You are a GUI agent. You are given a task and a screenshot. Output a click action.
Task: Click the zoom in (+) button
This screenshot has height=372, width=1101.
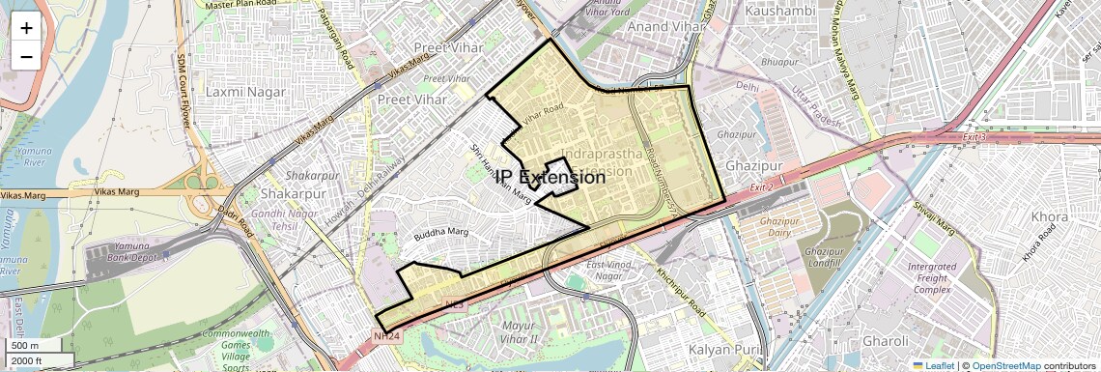tap(26, 27)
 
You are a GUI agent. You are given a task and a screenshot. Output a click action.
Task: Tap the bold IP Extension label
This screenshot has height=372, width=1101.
tap(550, 177)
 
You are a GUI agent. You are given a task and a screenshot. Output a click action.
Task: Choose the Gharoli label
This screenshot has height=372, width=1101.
tap(886, 341)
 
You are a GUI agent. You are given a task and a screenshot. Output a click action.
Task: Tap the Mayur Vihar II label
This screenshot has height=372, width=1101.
tap(533, 332)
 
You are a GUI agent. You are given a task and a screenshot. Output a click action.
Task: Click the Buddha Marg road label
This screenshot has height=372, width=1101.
tap(440, 233)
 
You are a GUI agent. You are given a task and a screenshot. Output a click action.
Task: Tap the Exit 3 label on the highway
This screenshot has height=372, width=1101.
tap(974, 137)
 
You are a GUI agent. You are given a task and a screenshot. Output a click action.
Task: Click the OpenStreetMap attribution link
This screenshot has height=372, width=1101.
tap(1005, 365)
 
